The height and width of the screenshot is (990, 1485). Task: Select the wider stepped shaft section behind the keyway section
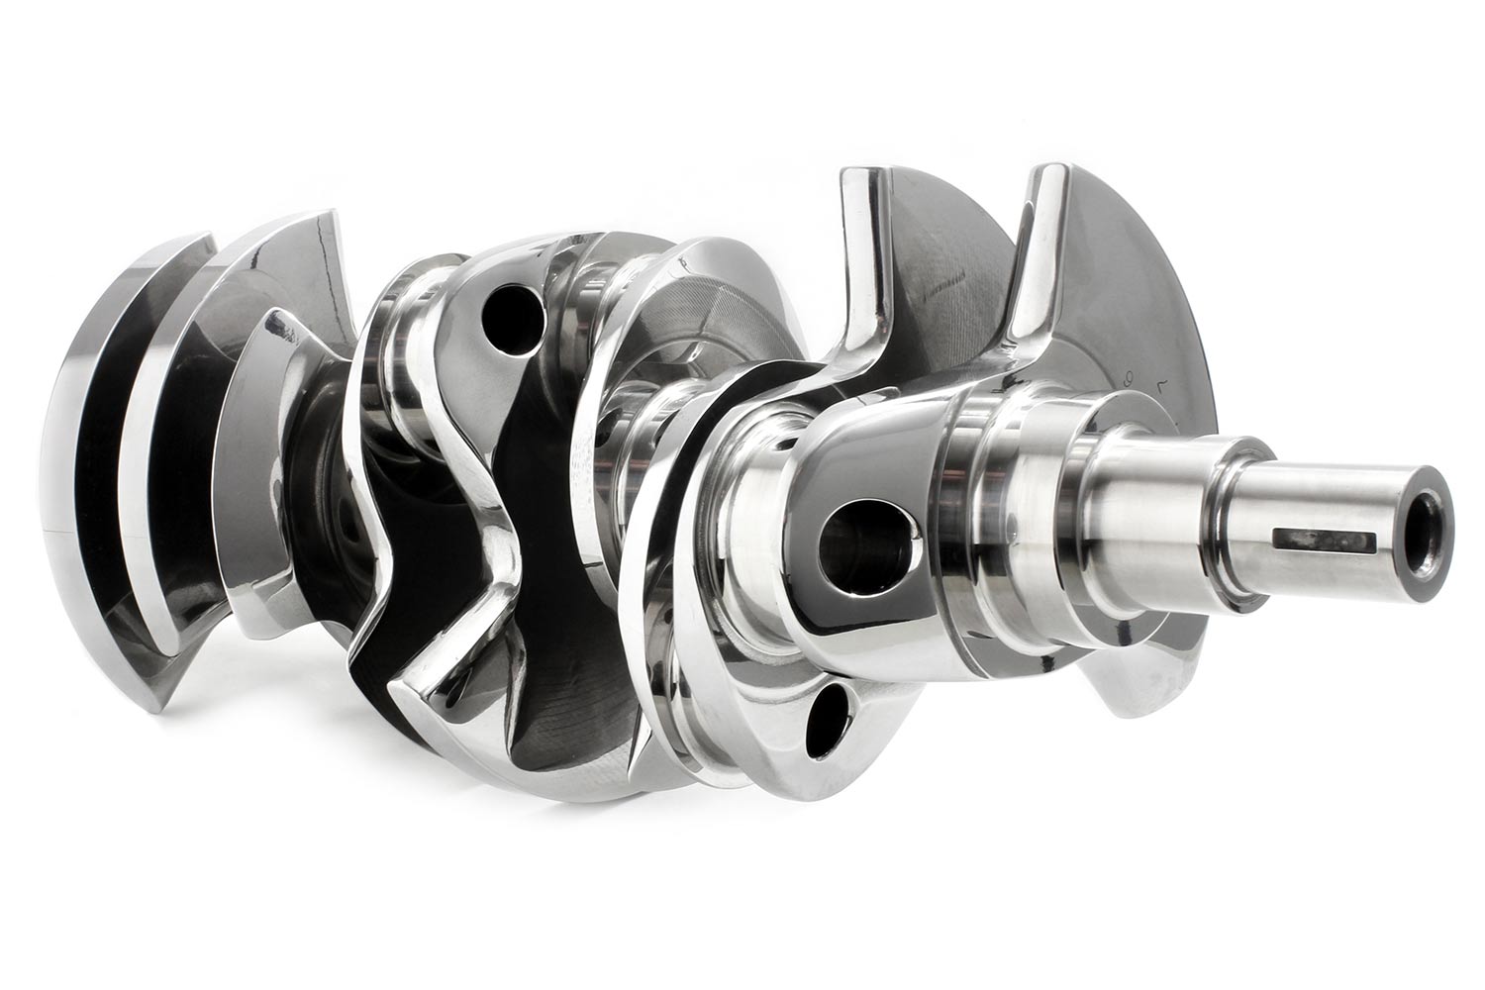coord(1148,515)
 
